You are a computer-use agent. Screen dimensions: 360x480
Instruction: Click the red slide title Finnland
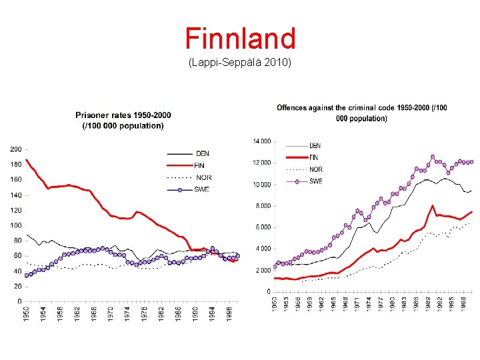click(240, 39)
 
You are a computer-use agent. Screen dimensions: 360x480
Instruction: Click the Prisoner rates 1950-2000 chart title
click(123, 120)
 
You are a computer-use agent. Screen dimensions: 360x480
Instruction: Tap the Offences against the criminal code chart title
click(362, 113)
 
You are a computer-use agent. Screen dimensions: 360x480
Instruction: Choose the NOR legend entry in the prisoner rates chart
click(203, 177)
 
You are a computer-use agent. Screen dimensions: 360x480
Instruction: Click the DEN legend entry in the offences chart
click(315, 145)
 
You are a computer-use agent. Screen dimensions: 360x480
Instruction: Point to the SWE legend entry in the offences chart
click(315, 181)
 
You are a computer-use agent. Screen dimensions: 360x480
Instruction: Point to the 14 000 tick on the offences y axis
click(261, 141)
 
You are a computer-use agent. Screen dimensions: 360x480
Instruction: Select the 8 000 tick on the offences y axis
click(263, 206)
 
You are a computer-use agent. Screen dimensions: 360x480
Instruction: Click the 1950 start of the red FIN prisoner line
click(27, 160)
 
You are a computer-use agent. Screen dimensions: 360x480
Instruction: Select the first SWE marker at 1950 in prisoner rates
click(27, 275)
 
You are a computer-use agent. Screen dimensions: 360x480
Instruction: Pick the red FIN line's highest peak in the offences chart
click(433, 206)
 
